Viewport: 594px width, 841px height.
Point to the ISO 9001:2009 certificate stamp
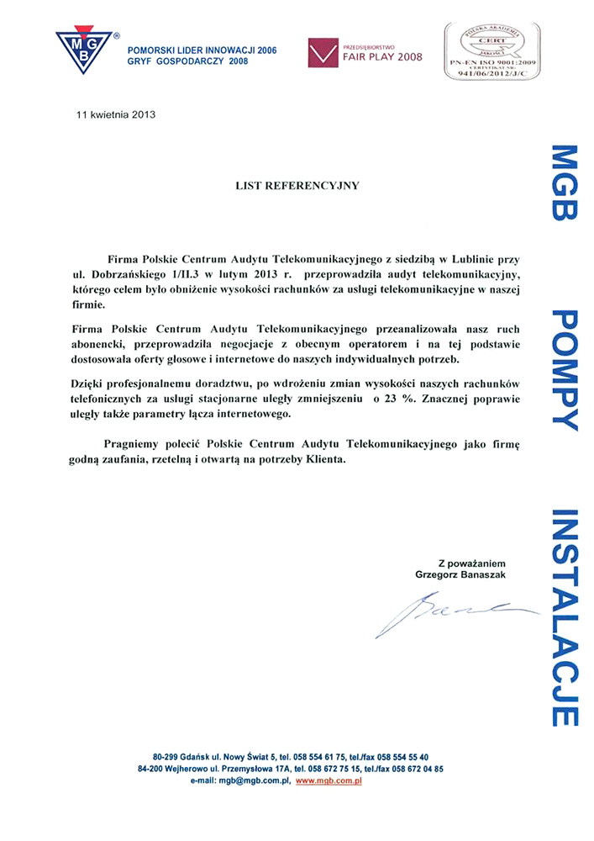tap(491, 51)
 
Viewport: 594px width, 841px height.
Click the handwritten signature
tap(454, 611)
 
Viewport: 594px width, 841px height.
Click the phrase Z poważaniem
tap(471, 562)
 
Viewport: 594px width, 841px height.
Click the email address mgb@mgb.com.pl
tap(253, 781)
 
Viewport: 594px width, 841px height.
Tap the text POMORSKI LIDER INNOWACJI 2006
tap(201, 50)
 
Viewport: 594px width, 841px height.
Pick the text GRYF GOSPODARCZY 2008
tap(187, 61)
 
